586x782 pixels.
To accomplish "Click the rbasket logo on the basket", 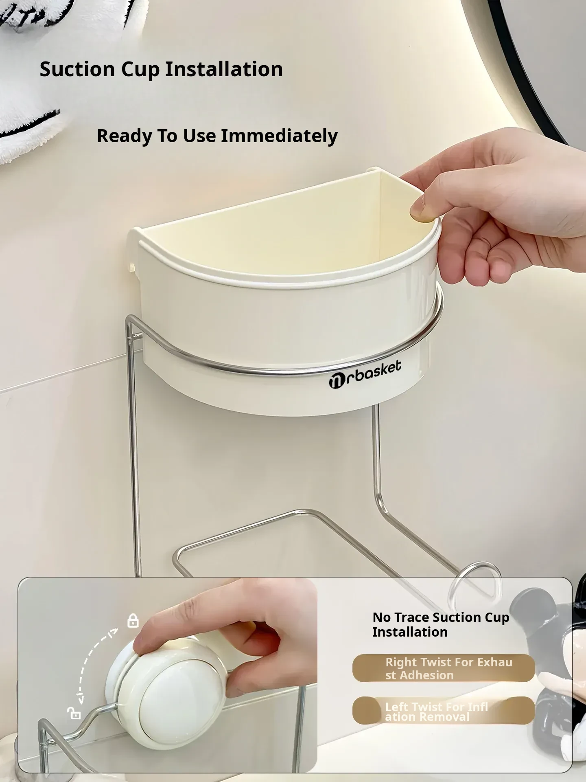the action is click(x=365, y=374).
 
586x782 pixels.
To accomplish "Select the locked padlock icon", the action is click(x=133, y=621).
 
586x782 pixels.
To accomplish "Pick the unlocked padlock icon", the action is click(x=74, y=713).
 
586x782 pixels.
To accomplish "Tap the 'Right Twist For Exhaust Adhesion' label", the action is click(x=444, y=668).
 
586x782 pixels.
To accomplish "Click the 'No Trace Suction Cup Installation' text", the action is click(x=441, y=624).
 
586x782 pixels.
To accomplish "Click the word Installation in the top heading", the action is click(x=224, y=69).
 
